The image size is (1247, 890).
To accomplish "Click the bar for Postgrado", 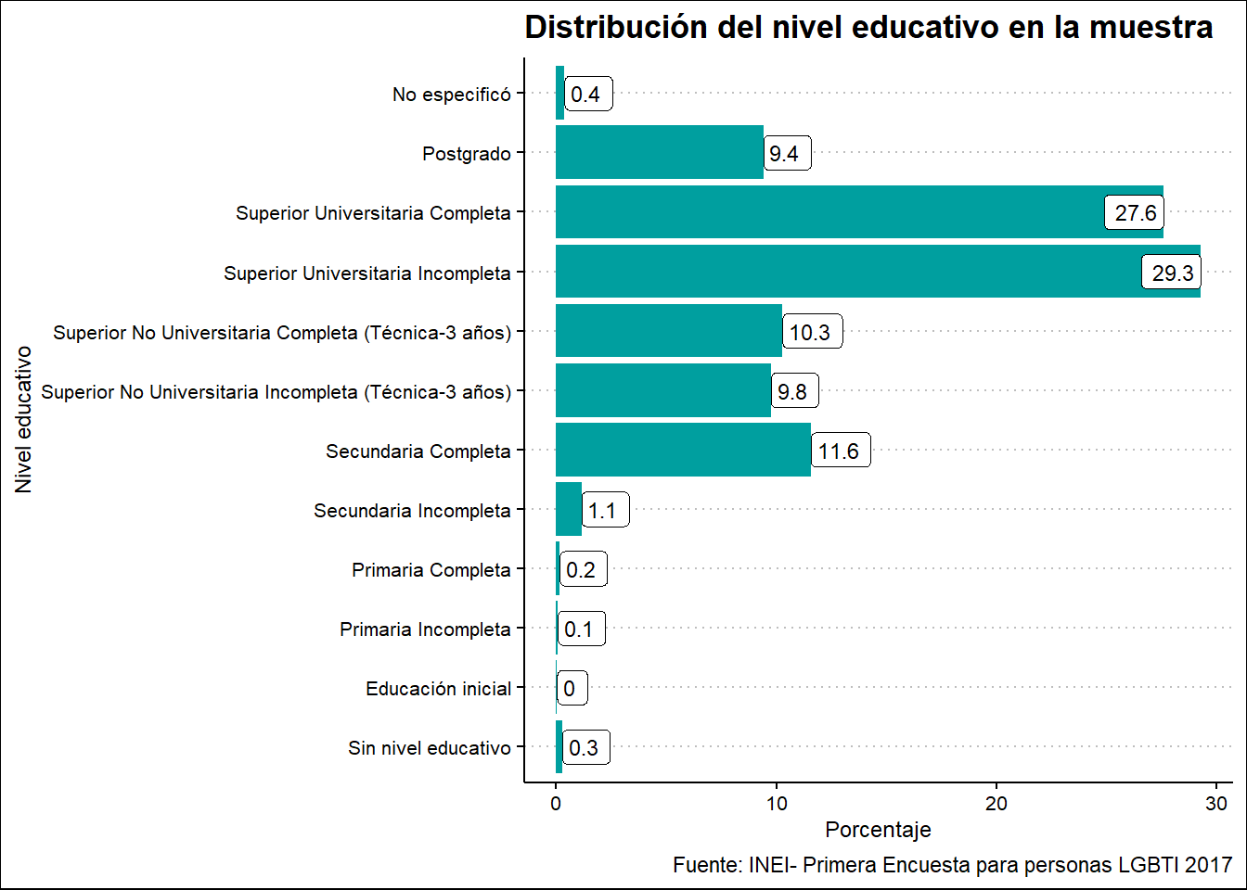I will tap(659, 153).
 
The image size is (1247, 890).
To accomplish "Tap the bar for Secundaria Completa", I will tap(683, 451).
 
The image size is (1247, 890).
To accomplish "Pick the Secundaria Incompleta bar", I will tap(569, 510).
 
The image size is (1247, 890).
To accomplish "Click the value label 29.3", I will tap(1172, 273).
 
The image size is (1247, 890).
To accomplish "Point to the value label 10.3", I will tap(809, 333).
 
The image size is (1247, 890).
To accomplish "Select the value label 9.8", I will tap(792, 392).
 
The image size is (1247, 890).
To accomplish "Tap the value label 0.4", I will tap(585, 95).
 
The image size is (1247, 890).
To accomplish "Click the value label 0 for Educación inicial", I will tap(570, 689).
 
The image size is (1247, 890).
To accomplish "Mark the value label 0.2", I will tap(581, 570).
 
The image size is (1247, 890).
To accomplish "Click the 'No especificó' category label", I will tap(451, 95).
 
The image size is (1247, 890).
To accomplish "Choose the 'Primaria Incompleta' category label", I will tap(425, 629).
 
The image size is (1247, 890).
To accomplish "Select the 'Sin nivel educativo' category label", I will tap(429, 748).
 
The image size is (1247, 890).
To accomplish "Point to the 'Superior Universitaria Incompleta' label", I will tap(366, 273).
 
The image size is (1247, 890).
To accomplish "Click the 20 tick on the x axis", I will tap(996, 804).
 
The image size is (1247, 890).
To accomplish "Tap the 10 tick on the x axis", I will tap(777, 804).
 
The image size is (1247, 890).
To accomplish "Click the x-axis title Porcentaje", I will tap(878, 830).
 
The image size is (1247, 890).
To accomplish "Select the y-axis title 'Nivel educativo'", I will tap(23, 419).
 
